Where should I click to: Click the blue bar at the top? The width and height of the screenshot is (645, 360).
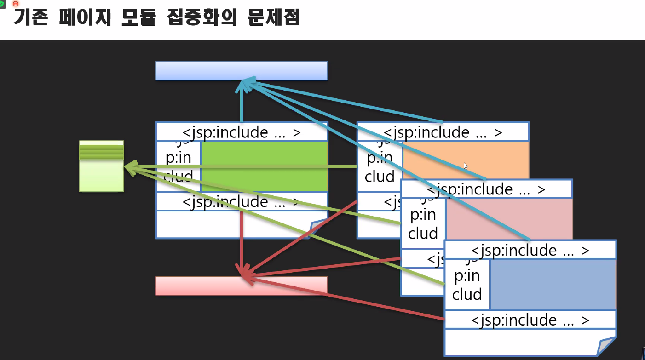click(x=241, y=70)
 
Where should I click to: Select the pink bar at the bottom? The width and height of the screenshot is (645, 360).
click(x=241, y=286)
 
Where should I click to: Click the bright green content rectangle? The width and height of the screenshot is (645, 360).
click(x=264, y=166)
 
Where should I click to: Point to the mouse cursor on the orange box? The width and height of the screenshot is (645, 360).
click(x=465, y=165)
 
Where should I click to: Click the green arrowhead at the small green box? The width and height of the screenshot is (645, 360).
click(x=130, y=168)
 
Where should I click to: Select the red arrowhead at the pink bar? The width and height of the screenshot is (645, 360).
click(x=244, y=272)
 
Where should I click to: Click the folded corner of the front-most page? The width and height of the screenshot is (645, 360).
click(x=607, y=346)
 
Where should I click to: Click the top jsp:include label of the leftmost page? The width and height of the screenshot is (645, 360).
click(x=241, y=132)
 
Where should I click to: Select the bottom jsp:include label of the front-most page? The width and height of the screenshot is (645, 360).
click(x=530, y=320)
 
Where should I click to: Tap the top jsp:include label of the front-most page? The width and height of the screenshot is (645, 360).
click(x=530, y=250)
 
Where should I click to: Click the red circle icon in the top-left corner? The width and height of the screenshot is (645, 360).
click(x=15, y=3)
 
